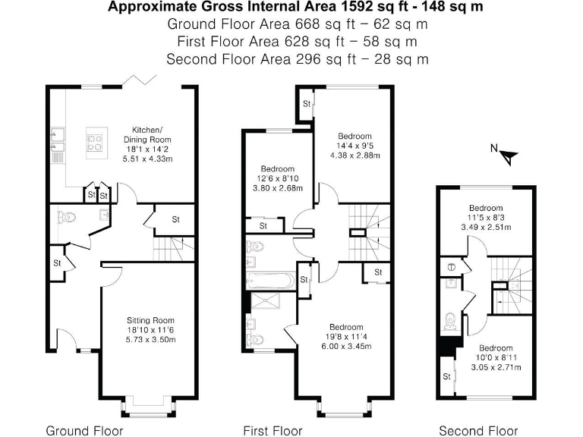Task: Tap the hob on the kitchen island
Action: [x=96, y=143]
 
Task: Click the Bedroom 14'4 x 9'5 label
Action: [x=355, y=146]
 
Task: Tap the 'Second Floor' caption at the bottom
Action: [x=478, y=431]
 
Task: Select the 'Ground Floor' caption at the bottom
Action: [x=84, y=431]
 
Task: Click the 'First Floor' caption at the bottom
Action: [x=273, y=431]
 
